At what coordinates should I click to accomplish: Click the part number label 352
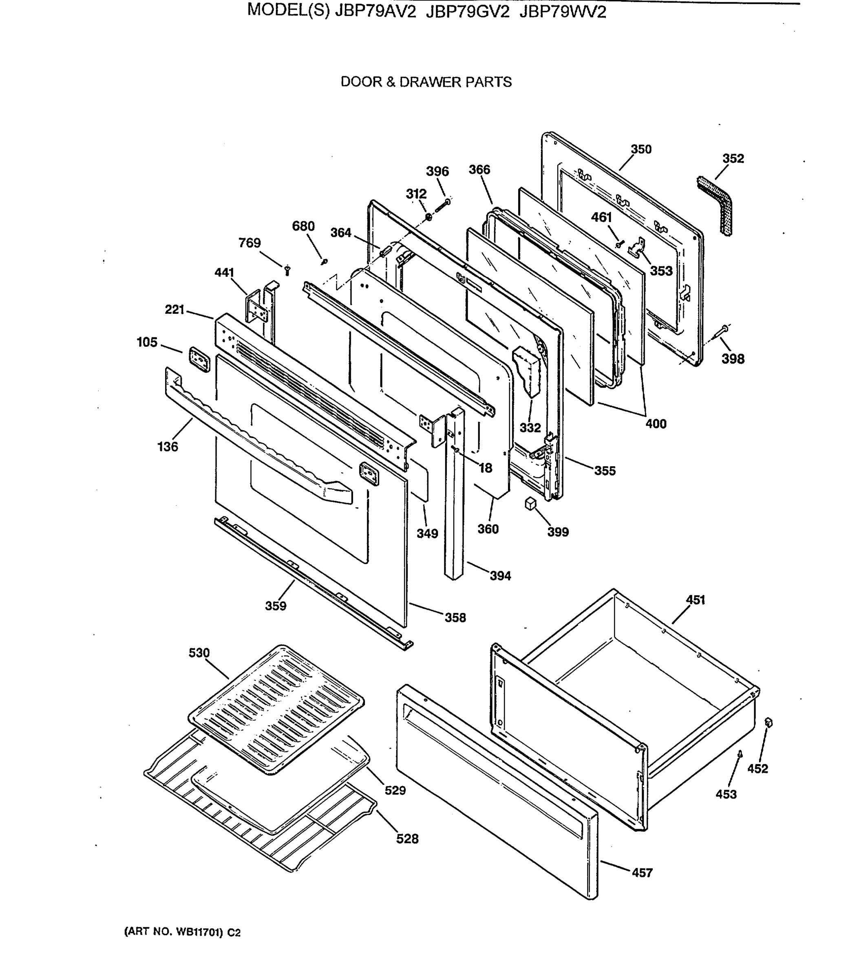tap(732, 159)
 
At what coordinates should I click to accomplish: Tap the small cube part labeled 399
tap(529, 503)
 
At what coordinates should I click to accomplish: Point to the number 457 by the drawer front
tap(642, 873)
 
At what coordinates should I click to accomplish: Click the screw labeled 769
tap(287, 270)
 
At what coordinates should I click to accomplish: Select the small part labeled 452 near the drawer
tap(768, 722)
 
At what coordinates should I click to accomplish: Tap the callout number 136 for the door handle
tap(167, 446)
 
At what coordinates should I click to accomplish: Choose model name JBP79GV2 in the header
tap(467, 11)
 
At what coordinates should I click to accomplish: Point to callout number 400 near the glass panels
tap(655, 423)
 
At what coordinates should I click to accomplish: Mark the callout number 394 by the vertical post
tap(500, 576)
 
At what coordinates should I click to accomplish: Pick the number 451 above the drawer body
tap(695, 599)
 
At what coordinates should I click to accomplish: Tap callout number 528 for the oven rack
tap(407, 838)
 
